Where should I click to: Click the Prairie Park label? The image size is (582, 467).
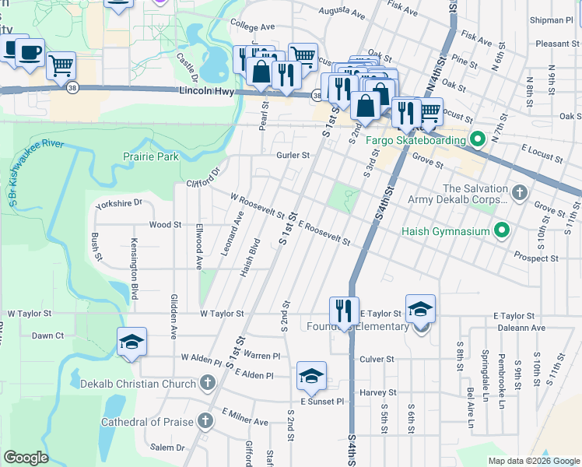point(151,156)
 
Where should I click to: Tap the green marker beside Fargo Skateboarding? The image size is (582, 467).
point(479,141)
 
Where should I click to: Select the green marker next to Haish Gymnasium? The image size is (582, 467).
point(502,230)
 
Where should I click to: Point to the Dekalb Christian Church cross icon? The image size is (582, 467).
point(207,383)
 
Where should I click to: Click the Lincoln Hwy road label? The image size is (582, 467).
point(207,91)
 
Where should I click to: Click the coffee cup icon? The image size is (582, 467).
point(30,52)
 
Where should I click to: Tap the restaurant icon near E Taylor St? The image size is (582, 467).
point(343,311)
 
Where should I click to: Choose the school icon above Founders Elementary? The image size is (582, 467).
point(420,310)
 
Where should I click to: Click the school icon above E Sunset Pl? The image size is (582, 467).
point(311,376)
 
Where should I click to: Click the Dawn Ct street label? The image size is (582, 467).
point(47,335)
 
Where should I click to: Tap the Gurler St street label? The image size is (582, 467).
point(293,155)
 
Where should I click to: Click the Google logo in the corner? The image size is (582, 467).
point(26,458)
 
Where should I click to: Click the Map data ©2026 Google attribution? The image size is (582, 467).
point(533,461)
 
